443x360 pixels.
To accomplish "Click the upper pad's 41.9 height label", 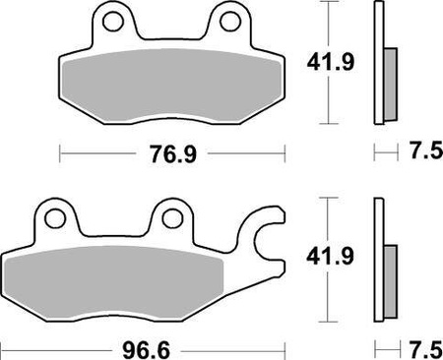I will tap(319, 65).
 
